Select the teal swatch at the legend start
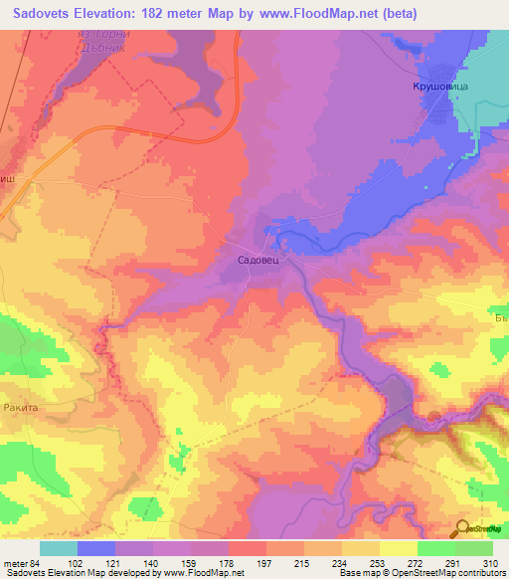tap(58, 547)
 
